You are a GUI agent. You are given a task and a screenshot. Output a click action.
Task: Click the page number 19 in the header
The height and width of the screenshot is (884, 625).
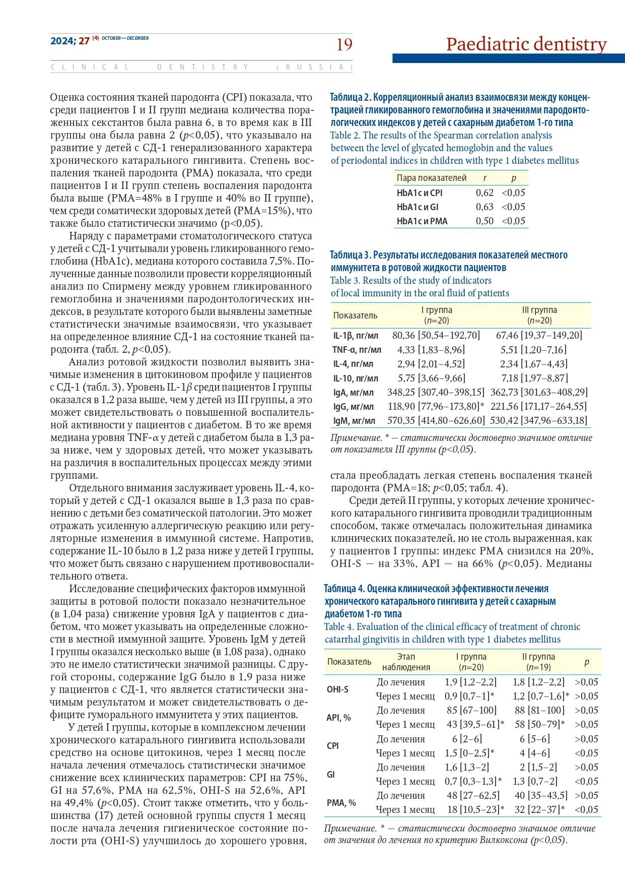pos(344,45)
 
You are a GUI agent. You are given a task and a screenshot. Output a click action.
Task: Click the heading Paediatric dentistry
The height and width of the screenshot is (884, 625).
pos(526,44)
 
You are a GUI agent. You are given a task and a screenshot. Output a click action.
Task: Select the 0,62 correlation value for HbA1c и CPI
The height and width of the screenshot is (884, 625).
pos(484,193)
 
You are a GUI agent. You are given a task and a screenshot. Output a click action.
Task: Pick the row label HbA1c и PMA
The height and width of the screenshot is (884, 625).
pos(422,221)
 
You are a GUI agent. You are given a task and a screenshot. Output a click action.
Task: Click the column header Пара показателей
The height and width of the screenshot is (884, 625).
pos(432,178)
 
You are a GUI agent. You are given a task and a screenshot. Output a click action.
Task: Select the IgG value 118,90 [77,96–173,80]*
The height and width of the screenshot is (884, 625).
pos(436,406)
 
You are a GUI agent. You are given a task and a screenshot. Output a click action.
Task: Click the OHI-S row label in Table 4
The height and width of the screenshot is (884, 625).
pos(337,689)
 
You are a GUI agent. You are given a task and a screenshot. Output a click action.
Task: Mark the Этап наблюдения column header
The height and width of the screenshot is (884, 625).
pos(406,662)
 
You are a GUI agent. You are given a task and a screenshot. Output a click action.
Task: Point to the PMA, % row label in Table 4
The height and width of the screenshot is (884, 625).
pos(341,802)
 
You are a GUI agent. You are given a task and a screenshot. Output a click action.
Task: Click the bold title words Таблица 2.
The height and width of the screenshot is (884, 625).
pos(351,97)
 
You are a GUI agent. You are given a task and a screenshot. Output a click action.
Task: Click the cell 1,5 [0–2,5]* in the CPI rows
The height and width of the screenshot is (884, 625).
pos(469,753)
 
